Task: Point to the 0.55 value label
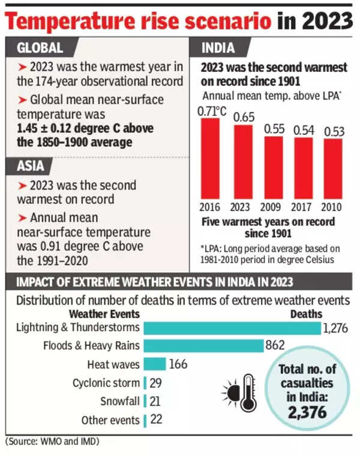[275, 128]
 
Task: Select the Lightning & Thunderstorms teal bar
[232, 328]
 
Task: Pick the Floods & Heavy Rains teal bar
[203, 346]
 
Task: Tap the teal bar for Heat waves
[155, 364]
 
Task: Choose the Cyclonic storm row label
[106, 382]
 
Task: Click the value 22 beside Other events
[157, 420]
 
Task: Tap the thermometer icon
[247, 393]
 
